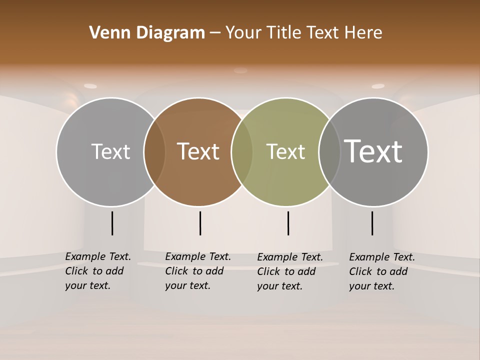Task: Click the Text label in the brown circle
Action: [x=198, y=151]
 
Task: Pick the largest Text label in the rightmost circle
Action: [x=373, y=151]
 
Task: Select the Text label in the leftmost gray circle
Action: [x=110, y=151]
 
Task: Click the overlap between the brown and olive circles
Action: [x=242, y=152]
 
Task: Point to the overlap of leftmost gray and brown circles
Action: [x=154, y=152]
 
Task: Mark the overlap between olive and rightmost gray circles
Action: [x=329, y=152]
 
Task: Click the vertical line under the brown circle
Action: [x=200, y=223]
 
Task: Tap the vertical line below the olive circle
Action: [x=288, y=223]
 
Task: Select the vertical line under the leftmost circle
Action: [x=112, y=223]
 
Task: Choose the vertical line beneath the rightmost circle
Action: [x=372, y=223]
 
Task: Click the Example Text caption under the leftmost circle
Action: [x=97, y=271]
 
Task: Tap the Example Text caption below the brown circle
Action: [x=197, y=271]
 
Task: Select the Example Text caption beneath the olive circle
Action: [x=289, y=271]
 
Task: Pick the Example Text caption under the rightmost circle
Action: [x=381, y=271]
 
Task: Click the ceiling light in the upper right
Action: [x=378, y=86]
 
